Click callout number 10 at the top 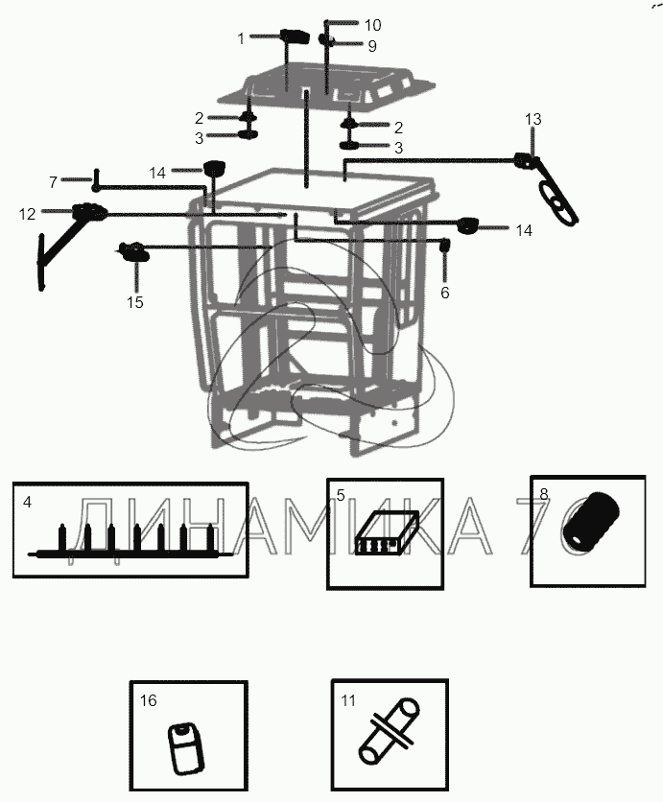pyautogui.click(x=372, y=25)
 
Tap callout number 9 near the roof pyautogui.click(x=372, y=46)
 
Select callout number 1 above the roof pyautogui.click(x=241, y=38)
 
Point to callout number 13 pyautogui.click(x=533, y=119)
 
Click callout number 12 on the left pyautogui.click(x=27, y=214)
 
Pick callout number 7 pyautogui.click(x=53, y=182)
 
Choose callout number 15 pyautogui.click(x=135, y=302)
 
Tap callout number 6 pyautogui.click(x=444, y=293)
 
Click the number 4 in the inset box pyautogui.click(x=28, y=503)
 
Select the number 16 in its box pyautogui.click(x=149, y=700)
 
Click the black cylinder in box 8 pyautogui.click(x=591, y=522)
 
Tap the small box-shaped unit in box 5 pyautogui.click(x=387, y=532)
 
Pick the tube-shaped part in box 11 pyautogui.click(x=390, y=730)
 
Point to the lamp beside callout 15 pyautogui.click(x=134, y=251)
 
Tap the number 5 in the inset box pyautogui.click(x=341, y=495)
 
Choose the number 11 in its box pyautogui.click(x=348, y=699)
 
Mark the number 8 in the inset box pyautogui.click(x=544, y=494)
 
